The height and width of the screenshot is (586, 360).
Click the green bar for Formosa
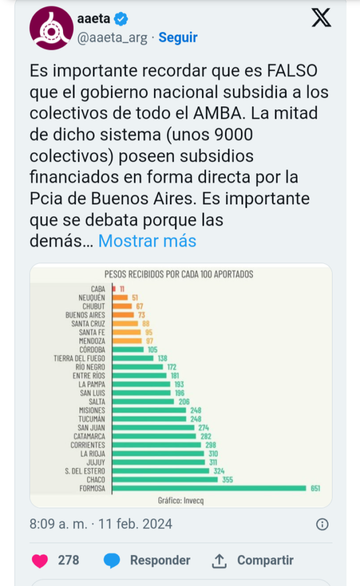[209, 488]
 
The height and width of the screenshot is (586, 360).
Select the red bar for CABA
[114, 289]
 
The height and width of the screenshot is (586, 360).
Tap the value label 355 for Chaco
[227, 480]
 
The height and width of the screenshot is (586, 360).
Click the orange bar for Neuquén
[120, 298]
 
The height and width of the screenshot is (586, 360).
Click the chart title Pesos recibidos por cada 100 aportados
[179, 275]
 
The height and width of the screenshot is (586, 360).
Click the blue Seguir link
[178, 38]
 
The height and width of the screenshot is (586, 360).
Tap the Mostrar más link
[147, 241]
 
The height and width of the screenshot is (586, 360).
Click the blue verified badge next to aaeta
[121, 19]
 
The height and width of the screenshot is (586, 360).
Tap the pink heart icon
[40, 561]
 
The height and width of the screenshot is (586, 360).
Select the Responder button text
[160, 560]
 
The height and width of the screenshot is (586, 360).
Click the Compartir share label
[265, 560]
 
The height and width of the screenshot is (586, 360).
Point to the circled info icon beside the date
[322, 524]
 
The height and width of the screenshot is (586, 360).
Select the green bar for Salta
[143, 402]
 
